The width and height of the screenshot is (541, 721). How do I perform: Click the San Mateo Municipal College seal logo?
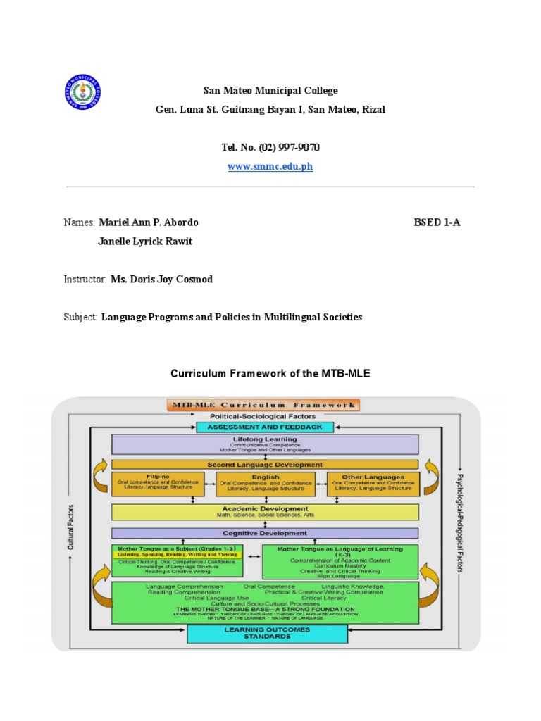click(82, 92)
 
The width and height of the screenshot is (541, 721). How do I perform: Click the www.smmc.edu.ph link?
click(270, 167)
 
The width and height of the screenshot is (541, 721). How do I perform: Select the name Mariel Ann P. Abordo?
click(149, 222)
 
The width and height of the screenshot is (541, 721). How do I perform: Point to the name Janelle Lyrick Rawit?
click(144, 242)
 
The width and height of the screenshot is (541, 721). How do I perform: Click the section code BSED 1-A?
click(437, 222)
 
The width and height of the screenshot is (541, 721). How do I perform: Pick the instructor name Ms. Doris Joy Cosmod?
click(161, 280)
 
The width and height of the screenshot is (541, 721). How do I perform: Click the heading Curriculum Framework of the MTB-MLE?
click(270, 374)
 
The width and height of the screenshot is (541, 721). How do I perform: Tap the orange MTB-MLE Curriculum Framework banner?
click(263, 405)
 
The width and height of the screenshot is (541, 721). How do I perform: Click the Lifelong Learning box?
click(265, 444)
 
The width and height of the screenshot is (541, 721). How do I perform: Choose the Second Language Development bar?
click(265, 465)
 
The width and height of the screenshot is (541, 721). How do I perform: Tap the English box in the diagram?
click(266, 484)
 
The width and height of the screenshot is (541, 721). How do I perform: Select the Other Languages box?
click(373, 484)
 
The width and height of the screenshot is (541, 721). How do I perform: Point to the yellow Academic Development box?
click(265, 511)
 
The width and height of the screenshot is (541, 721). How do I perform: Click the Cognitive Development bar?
click(265, 533)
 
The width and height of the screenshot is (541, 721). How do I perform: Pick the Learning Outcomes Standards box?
click(267, 633)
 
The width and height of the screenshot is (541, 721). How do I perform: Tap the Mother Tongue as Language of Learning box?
click(340, 561)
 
